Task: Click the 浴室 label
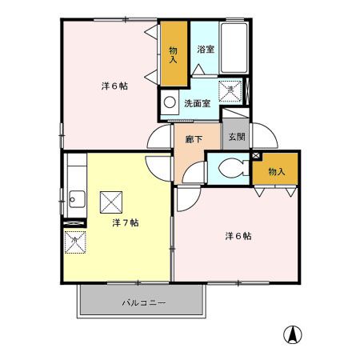coord(206,49)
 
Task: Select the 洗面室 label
coord(197,103)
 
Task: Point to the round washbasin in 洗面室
coord(170,102)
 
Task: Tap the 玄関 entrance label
coord(236,137)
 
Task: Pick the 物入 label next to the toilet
coord(276,171)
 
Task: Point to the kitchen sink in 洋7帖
coord(76,198)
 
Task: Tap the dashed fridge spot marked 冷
coord(74,239)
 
